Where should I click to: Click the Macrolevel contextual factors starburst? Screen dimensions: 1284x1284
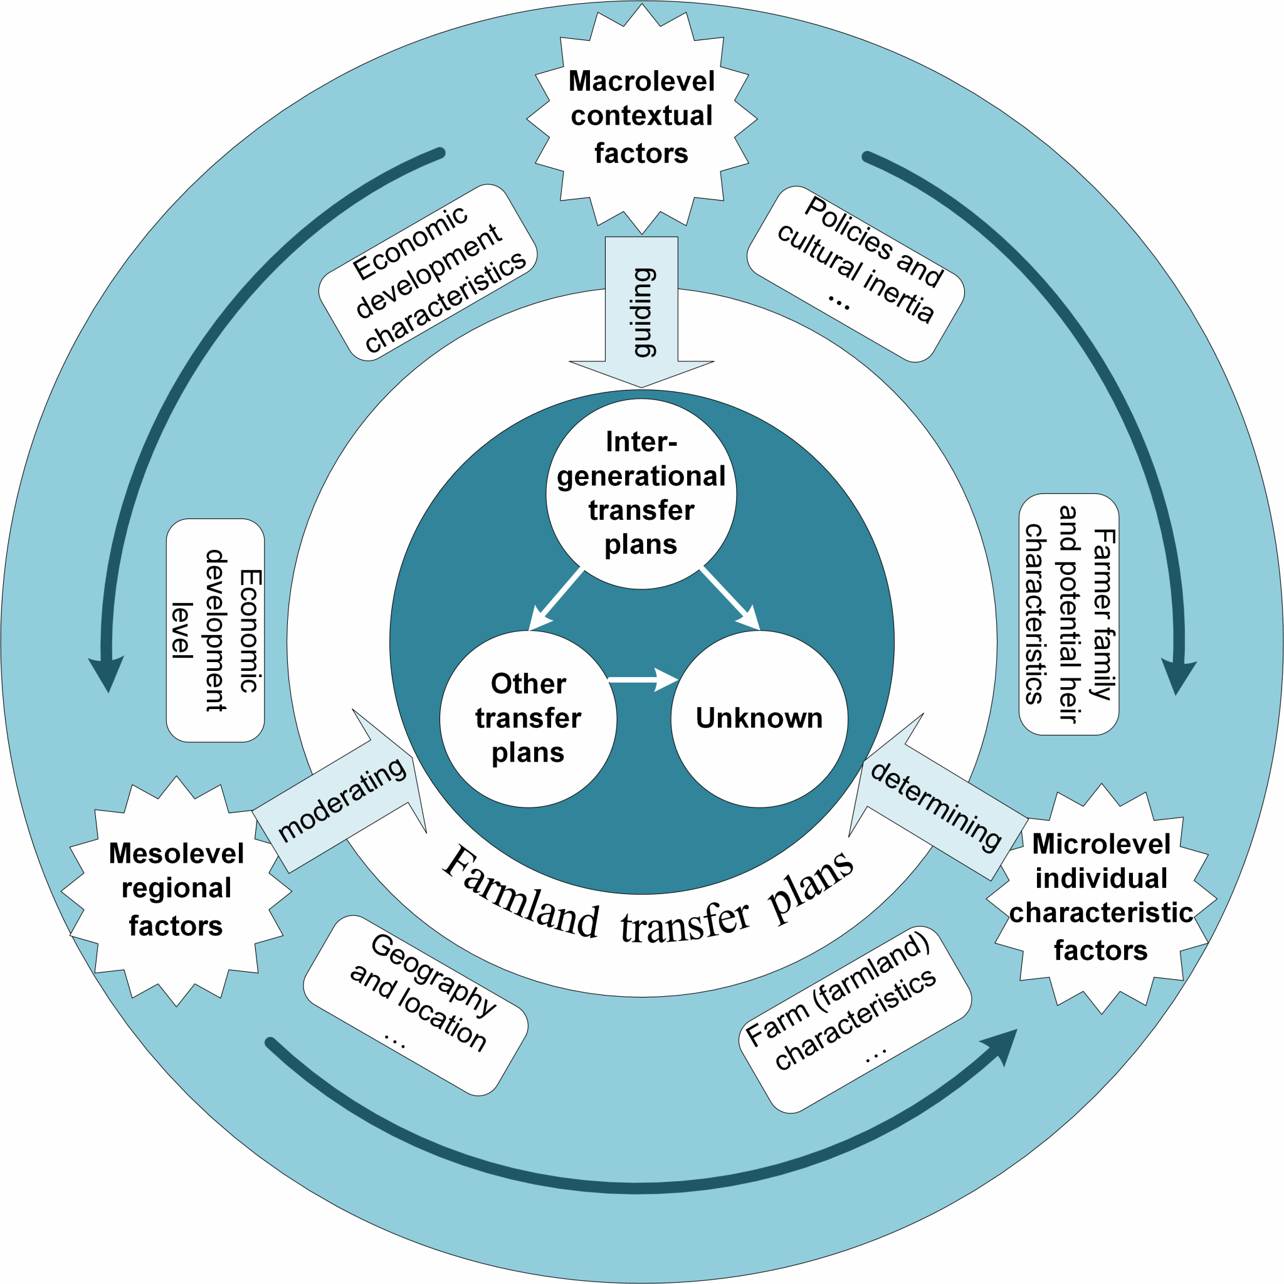tap(641, 118)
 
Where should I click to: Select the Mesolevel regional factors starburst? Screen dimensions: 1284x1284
tap(176, 890)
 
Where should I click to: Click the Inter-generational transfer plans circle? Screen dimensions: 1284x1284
tap(641, 494)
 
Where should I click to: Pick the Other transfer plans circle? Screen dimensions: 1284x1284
tap(529, 718)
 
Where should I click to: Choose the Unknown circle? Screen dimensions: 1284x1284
tap(759, 718)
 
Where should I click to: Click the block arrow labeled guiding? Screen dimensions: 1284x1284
tap(641, 312)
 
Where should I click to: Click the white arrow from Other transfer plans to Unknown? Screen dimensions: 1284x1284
tap(642, 679)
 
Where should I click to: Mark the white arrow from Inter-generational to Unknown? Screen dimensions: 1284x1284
tap(730, 599)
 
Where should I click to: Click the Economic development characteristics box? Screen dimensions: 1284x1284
tap(428, 273)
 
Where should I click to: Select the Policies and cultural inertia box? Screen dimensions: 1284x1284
tap(856, 274)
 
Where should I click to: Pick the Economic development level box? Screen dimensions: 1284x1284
tap(215, 630)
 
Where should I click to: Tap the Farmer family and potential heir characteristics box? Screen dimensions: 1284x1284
tap(1070, 614)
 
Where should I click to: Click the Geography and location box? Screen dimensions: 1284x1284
tap(416, 1004)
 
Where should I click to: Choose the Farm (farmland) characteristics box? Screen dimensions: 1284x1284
tap(855, 1018)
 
